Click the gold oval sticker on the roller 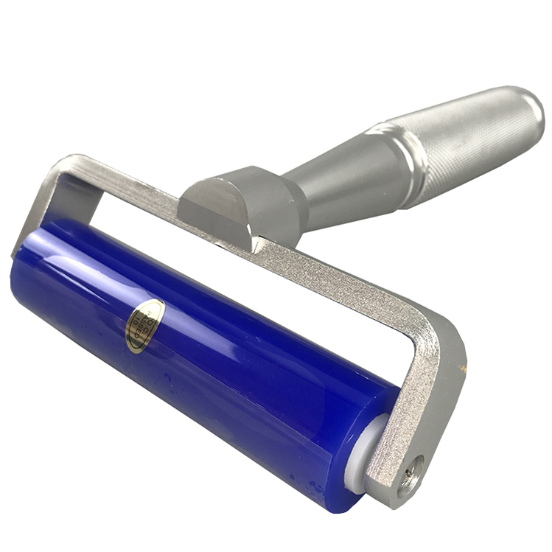[x=145, y=324]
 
